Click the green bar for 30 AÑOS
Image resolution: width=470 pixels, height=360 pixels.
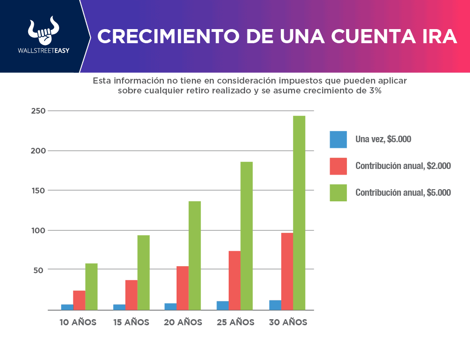click(299, 213)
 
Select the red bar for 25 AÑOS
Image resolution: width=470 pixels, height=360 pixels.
click(234, 280)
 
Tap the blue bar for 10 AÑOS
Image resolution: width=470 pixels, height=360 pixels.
click(67, 307)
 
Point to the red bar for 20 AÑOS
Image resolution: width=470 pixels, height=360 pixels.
click(183, 288)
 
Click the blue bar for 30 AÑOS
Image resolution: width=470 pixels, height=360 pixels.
click(275, 305)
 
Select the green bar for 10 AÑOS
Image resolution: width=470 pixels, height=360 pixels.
click(92, 286)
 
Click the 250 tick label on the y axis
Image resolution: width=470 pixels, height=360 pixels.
click(39, 111)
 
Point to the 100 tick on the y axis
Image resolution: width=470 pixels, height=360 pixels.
click(39, 230)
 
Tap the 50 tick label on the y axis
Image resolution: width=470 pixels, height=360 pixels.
click(40, 270)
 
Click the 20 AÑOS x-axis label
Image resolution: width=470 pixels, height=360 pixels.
click(183, 323)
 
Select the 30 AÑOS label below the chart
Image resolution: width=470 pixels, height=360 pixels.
click(288, 323)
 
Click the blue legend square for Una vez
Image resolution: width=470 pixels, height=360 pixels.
click(338, 139)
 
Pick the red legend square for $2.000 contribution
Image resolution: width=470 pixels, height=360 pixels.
click(338, 166)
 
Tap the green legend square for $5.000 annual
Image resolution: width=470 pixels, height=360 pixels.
click(338, 192)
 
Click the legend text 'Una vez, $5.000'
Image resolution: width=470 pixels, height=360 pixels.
click(384, 139)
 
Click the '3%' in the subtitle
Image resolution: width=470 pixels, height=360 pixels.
click(375, 91)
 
